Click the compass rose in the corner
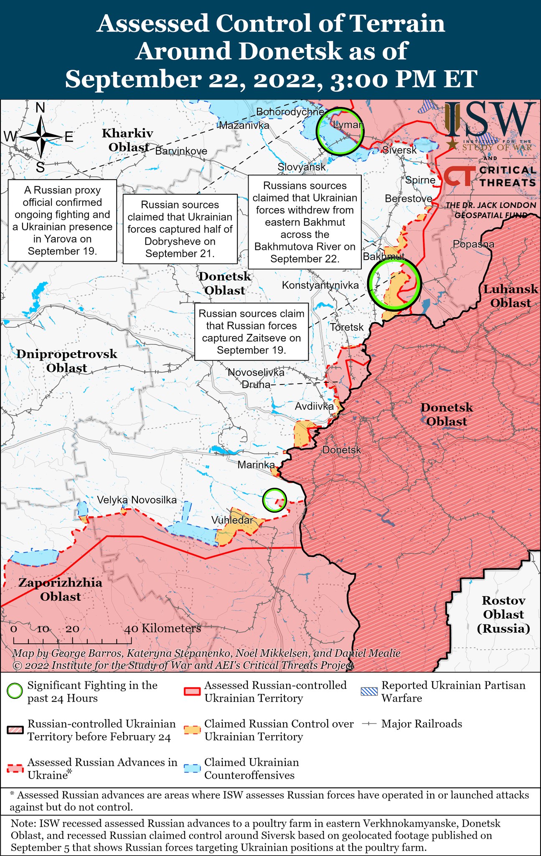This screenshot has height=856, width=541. point(41,137)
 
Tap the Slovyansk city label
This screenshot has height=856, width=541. point(302,167)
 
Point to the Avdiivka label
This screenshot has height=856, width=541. point(314,406)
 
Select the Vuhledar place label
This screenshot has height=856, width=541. point(232,520)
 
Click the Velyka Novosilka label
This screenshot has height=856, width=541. point(137,500)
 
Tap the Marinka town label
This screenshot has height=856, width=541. point(256,465)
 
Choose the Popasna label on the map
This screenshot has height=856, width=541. point(473,244)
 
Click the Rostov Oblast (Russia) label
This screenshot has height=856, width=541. point(503,614)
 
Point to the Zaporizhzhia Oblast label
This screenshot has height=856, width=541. point(60,589)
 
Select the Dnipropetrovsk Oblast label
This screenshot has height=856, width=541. point(67,361)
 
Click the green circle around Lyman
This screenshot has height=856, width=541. point(339,132)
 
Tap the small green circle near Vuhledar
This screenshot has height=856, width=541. point(274,500)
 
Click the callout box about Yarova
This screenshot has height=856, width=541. point(62,220)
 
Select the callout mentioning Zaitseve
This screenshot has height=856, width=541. point(251,331)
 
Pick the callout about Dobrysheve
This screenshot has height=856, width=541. point(180,229)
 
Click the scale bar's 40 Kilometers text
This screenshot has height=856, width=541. point(163,628)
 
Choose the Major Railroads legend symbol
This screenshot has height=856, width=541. point(370,724)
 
